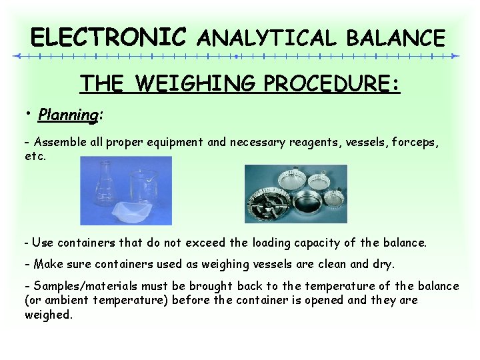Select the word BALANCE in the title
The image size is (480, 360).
(394, 37)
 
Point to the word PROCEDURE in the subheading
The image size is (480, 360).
(329, 83)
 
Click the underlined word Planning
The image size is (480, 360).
(68, 115)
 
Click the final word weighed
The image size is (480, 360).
(48, 315)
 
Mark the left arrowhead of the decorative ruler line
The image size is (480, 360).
(18, 56)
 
